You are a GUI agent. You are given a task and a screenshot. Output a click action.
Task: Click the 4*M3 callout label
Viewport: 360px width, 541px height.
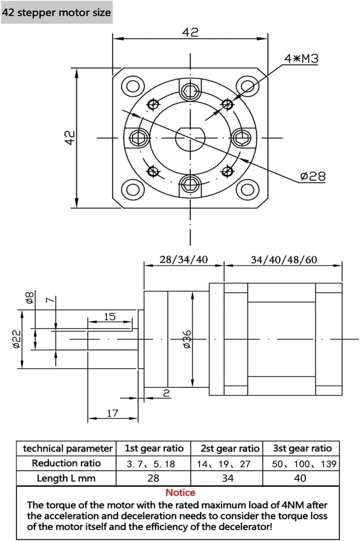coord(301,59)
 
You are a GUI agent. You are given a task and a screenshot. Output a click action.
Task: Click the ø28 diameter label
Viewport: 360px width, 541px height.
coord(312,176)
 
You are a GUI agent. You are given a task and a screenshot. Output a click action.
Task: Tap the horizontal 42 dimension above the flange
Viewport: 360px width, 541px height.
coord(190,33)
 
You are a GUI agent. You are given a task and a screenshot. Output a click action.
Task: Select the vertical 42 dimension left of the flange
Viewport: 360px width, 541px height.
coord(70,138)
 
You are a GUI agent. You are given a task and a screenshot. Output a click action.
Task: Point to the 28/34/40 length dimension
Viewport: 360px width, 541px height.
coord(183,260)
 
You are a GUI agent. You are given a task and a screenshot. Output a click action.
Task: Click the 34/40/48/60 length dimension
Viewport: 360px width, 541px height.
coord(284,260)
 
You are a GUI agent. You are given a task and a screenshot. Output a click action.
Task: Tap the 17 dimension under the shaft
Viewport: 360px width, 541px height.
coord(112,413)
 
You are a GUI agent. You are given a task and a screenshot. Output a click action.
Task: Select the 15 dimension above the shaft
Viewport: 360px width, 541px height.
coord(110,317)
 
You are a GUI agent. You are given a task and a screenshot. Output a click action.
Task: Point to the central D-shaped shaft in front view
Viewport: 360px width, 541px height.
coord(190,138)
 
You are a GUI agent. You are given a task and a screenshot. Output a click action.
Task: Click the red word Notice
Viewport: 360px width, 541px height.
coord(180,493)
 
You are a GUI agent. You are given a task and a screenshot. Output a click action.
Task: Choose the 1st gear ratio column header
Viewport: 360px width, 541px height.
coord(154,448)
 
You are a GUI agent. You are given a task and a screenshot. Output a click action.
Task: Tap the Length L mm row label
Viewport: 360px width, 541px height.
coord(66,478)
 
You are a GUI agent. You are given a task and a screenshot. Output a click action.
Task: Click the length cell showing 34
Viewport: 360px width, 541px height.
coord(228,478)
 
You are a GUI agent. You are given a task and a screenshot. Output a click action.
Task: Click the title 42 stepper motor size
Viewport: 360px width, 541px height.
coord(56,13)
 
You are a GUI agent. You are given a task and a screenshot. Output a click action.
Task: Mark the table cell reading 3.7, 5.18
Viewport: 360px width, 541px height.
coord(151,464)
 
